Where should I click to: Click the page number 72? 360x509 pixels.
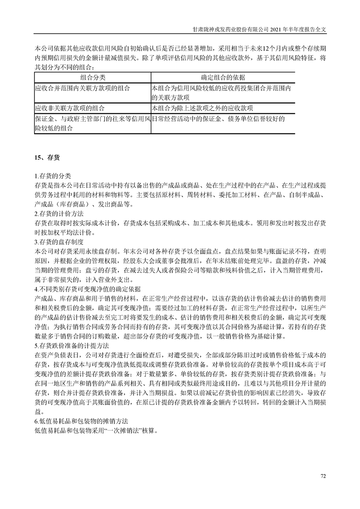[x=323, y=476]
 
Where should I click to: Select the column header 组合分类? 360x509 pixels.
[x=93, y=77]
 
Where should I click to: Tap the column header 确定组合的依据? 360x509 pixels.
[x=223, y=77]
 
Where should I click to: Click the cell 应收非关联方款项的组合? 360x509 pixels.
[x=69, y=108]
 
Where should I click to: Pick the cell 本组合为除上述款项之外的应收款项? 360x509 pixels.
[x=202, y=108]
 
